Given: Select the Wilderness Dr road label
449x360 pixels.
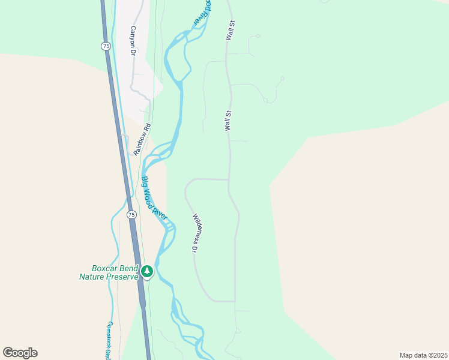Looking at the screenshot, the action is point(195,232).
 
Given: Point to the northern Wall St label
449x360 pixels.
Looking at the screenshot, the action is point(229,31).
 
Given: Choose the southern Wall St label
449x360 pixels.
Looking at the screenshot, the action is point(228,121).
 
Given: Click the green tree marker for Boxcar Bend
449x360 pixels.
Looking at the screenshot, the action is point(146,272).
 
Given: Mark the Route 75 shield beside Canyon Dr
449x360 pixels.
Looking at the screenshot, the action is point(106,46).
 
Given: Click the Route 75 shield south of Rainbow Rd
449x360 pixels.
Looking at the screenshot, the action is point(131,214).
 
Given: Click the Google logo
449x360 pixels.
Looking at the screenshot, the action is point(20,353).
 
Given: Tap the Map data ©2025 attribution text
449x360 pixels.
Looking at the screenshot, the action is point(423,355).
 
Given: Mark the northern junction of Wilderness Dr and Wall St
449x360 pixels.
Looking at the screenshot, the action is point(229,179).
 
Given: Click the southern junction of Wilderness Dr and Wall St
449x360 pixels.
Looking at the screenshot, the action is point(235,301).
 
